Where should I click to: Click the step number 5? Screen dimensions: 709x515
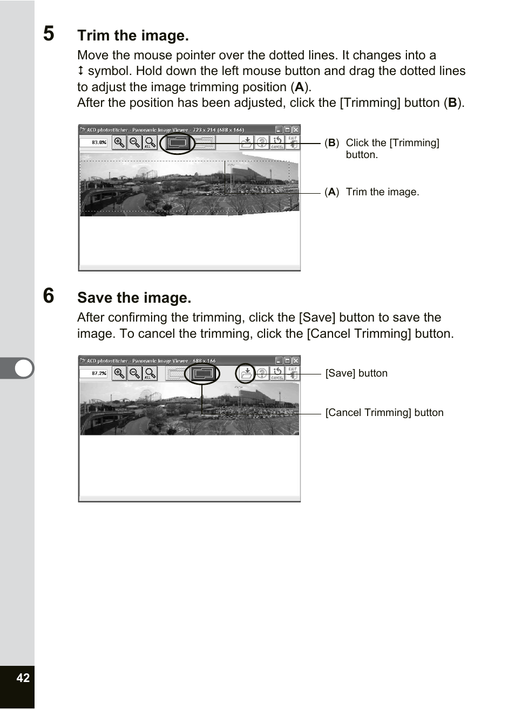[x=49, y=34]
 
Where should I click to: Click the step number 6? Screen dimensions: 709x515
[x=49, y=296]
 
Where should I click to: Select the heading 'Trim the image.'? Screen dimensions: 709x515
[x=133, y=36]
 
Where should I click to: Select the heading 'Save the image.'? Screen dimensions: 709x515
[x=134, y=298]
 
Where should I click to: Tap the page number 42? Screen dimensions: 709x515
[x=23, y=678]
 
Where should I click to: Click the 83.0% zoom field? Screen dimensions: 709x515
[x=93, y=142]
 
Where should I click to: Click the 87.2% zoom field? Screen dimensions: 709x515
[x=93, y=373]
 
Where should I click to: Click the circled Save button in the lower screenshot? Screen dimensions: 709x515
[x=246, y=373]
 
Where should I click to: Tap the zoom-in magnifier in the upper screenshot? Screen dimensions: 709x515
[x=119, y=142]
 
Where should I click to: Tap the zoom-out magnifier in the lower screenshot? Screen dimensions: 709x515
[x=135, y=373]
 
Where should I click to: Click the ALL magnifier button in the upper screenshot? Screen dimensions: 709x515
[x=150, y=142]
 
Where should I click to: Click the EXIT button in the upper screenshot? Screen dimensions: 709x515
[x=292, y=142]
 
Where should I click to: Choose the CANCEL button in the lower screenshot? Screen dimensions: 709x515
[x=277, y=373]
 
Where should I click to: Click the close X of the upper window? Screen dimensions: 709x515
[x=295, y=130]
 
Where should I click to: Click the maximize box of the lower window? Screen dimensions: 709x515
[x=287, y=361]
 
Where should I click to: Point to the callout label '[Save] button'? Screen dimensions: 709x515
[x=356, y=373]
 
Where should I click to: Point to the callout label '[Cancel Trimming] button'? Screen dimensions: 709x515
[x=384, y=413]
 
